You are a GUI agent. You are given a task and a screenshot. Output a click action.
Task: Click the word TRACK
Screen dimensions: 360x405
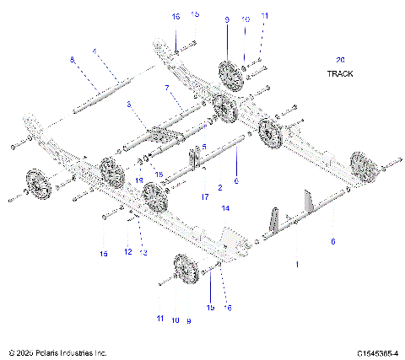click(341, 73)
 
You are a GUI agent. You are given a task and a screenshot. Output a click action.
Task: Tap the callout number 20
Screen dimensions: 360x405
click(340, 60)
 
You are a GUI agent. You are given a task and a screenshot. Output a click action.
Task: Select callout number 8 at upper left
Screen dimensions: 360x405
click(73, 59)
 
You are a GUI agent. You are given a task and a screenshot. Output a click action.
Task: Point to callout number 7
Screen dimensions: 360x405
click(167, 88)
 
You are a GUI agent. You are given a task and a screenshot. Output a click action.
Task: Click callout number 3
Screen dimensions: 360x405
click(129, 104)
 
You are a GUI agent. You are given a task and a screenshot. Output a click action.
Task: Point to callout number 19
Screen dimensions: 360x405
click(140, 181)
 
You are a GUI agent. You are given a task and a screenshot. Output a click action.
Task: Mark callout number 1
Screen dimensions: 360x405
click(295, 264)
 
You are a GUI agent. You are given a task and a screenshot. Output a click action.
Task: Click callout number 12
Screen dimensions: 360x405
click(128, 252)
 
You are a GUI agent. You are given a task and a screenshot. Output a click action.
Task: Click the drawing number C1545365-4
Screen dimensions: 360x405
click(377, 352)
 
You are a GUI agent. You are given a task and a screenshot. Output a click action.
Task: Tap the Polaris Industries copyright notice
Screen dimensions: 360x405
click(57, 352)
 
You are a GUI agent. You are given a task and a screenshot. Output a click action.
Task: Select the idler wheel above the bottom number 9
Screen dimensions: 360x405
click(183, 272)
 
